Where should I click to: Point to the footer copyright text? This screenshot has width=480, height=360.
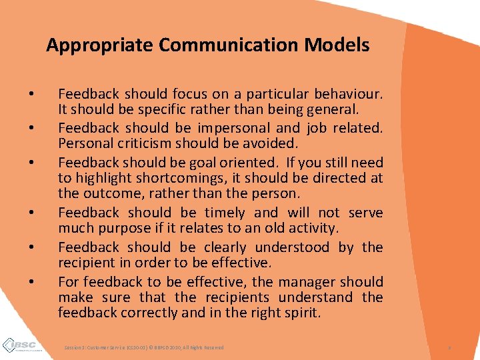click(x=144, y=348)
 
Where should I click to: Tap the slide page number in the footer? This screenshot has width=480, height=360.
click(x=450, y=348)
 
